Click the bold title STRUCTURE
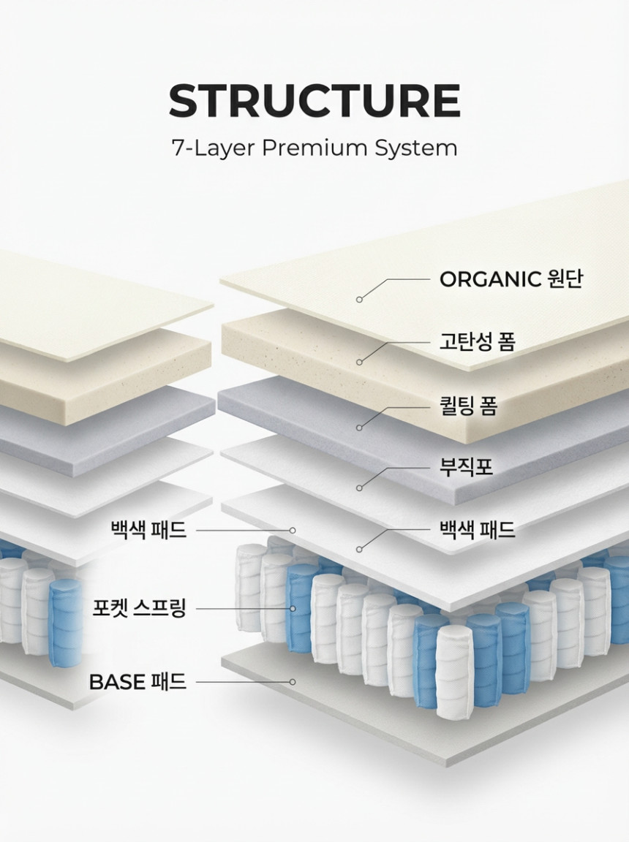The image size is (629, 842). click(314, 100)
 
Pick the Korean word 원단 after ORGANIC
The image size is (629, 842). click(565, 279)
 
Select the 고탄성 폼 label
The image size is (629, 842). click(478, 341)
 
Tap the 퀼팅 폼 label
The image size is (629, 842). click(468, 406)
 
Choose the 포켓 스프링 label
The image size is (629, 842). click(139, 608)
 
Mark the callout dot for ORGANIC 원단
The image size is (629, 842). click(359, 299)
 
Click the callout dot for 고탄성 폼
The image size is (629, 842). click(359, 363)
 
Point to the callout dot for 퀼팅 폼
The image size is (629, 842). click(359, 428)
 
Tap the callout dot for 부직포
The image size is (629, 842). click(359, 488)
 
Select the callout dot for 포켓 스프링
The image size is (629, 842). click(293, 608)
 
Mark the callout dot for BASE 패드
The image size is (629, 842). click(293, 682)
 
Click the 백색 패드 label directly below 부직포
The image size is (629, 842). click(478, 530)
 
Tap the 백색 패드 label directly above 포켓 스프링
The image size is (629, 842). click(148, 530)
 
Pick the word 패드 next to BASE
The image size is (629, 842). click(169, 682)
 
